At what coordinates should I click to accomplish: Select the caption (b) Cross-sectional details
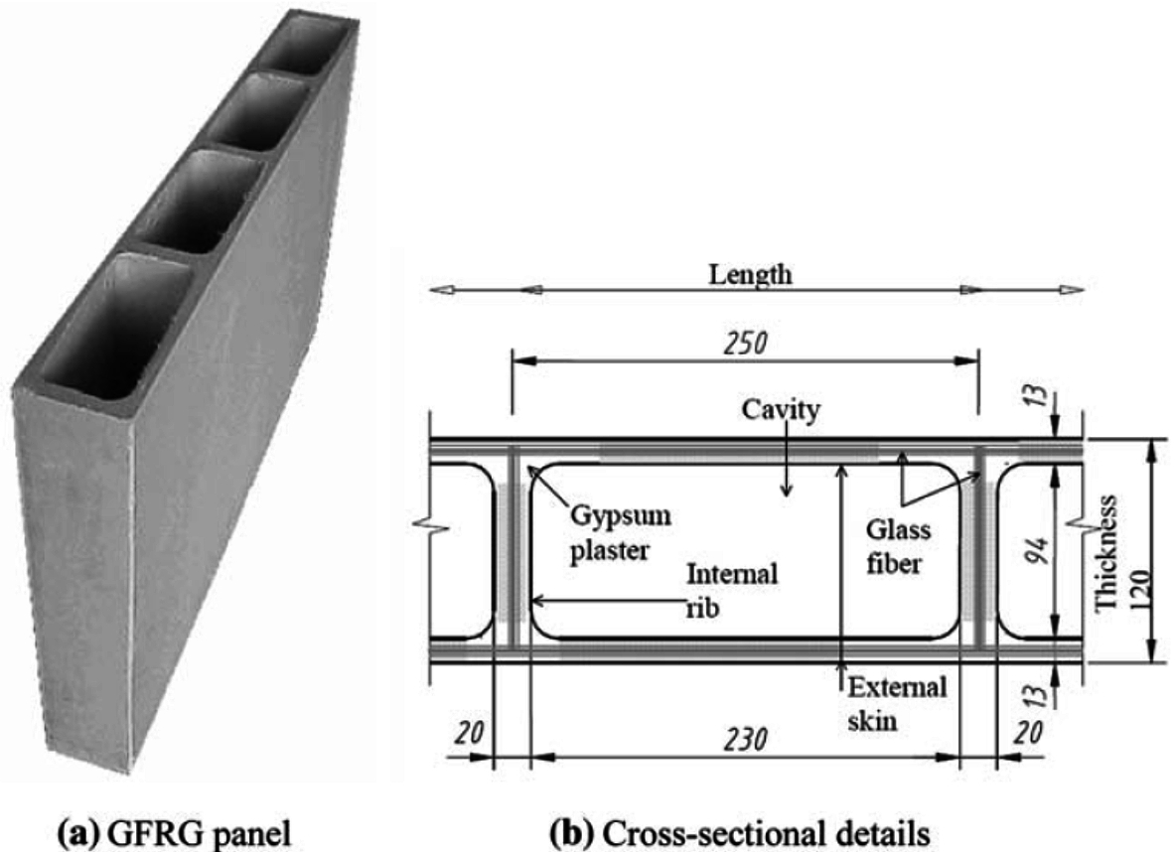pyautogui.click(x=752, y=827)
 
